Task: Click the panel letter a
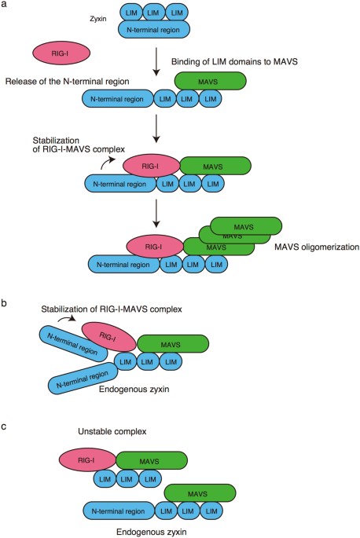point(6,5)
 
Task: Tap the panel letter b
point(6,302)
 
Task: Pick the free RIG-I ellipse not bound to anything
point(59,53)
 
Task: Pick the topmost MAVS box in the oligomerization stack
point(246,224)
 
